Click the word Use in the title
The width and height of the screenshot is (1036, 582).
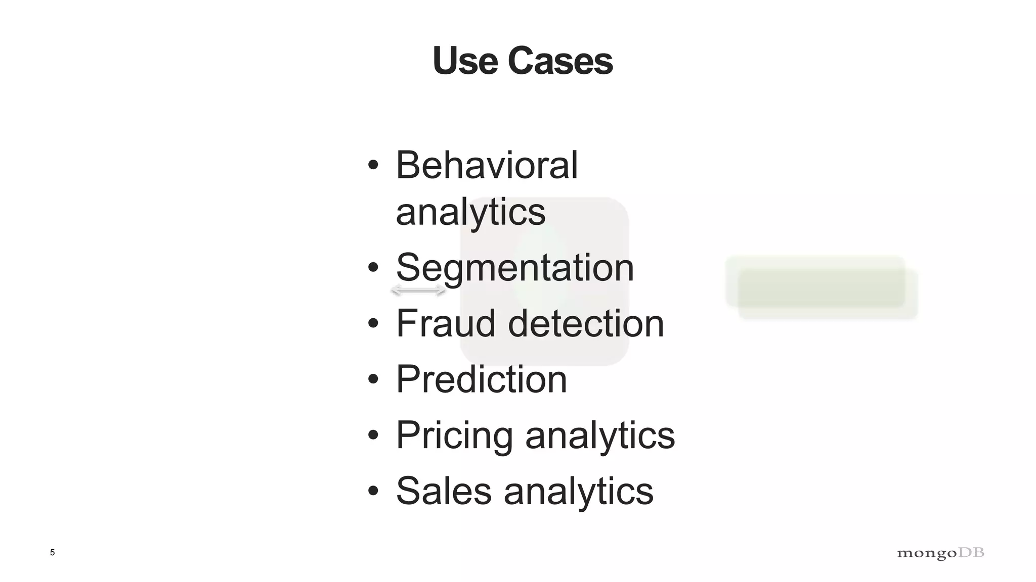465,61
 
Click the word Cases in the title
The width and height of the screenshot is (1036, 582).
560,61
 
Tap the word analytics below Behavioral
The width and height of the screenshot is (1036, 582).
470,212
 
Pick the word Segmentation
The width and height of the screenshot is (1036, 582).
514,268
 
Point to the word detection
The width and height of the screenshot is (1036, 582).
585,323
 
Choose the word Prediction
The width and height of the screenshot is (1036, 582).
481,379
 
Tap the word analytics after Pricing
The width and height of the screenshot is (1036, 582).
600,435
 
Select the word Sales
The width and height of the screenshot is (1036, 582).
444,491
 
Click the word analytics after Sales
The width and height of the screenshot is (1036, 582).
578,491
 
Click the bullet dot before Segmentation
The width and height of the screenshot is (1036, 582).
373,268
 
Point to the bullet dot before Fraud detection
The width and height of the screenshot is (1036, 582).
373,323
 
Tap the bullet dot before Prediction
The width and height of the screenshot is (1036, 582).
373,379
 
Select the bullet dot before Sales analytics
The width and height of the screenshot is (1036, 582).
373,491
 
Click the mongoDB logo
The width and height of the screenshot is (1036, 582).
940,553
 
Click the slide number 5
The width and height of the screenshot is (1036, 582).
52,553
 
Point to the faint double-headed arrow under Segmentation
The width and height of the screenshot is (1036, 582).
419,290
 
